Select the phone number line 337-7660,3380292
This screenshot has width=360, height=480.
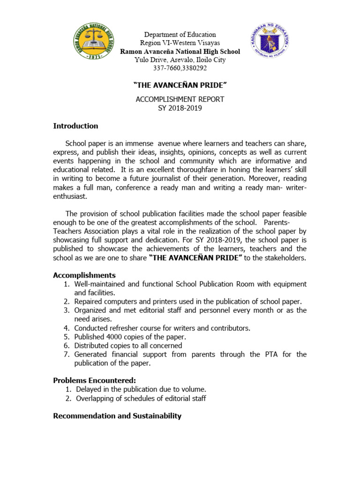pos(180,68)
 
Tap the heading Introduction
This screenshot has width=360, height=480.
pos(75,126)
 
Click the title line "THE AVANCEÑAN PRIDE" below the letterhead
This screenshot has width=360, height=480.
pos(180,86)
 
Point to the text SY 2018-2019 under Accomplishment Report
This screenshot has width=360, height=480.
pos(180,108)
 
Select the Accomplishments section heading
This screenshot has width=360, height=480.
pos(84,275)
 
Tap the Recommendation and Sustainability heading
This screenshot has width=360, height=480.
pos(117,416)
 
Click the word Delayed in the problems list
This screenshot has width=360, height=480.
pos(88,389)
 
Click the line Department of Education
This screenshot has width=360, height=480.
pos(180,35)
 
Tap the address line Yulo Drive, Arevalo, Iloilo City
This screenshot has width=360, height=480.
pos(180,60)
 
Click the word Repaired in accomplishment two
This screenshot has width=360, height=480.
pos(90,301)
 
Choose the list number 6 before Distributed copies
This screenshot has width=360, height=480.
pos(67,345)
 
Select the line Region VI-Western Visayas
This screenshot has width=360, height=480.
pos(180,43)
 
